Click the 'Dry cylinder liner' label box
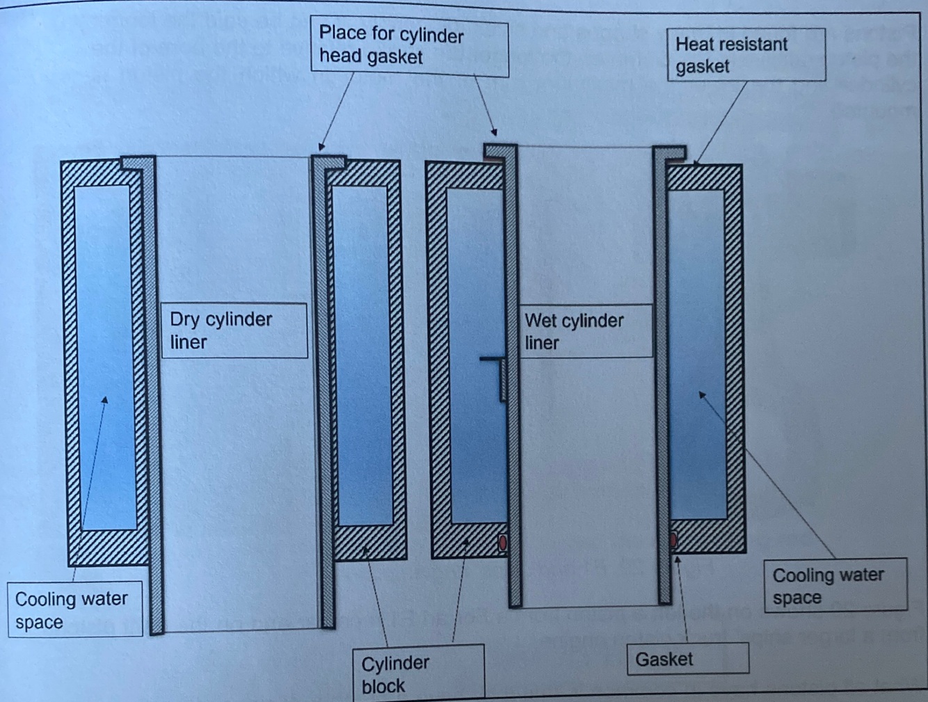[x=234, y=330]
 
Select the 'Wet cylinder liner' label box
[x=586, y=331]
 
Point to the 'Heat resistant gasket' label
[x=746, y=55]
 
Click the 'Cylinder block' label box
[x=417, y=673]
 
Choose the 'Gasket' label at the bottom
[x=687, y=659]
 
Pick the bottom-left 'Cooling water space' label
[x=74, y=609]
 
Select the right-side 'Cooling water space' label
[x=835, y=586]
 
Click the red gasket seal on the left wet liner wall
[x=502, y=543]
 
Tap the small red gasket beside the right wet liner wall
[x=673, y=540]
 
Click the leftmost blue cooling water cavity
[x=105, y=355]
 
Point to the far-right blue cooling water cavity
[x=697, y=355]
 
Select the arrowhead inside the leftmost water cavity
[x=105, y=400]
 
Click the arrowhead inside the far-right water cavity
[x=702, y=395]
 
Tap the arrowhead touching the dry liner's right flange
[x=321, y=147]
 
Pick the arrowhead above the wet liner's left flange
[x=494, y=131]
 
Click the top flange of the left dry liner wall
[x=138, y=163]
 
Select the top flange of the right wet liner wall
[x=669, y=153]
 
